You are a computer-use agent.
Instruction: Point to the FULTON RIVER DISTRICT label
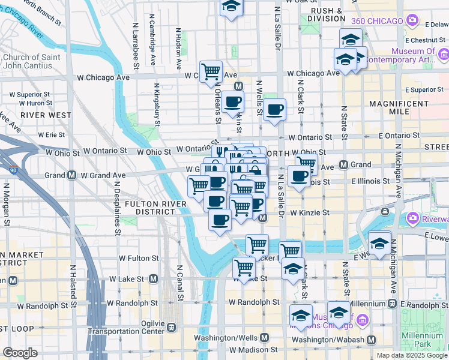[x=141, y=208]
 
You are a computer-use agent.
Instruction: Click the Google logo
[x=20, y=353]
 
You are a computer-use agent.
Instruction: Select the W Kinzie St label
[x=310, y=212]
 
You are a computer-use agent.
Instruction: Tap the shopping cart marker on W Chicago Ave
[x=211, y=71]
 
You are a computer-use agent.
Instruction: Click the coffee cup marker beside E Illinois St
[x=298, y=175]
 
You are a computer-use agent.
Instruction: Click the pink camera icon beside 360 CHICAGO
[x=412, y=20]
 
